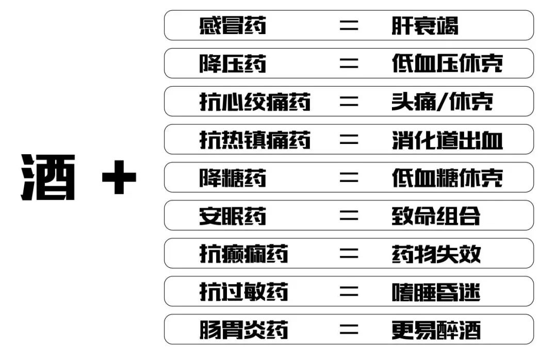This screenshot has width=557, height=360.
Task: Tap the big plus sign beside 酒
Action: point(120,178)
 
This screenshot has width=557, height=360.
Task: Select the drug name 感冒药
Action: point(233,25)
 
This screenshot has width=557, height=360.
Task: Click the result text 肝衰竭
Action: point(424,25)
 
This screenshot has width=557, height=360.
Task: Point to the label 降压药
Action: point(233,63)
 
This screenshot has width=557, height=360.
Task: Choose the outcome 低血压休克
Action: point(447,63)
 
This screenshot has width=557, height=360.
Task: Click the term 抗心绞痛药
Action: point(255,102)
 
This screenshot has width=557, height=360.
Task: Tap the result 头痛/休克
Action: point(442,102)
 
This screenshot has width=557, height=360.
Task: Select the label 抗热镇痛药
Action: point(255,140)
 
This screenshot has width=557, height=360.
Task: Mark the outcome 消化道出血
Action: point(447,140)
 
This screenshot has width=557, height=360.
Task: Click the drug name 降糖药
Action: point(233,178)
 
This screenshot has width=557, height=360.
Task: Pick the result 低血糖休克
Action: point(447,178)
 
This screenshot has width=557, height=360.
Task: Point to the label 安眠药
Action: point(233,216)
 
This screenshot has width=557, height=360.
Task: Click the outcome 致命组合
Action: point(436,216)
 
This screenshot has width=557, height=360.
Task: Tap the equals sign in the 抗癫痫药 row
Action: point(349,254)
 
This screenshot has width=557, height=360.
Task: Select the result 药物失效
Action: point(436,254)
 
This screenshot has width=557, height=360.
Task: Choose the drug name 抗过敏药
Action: point(244,292)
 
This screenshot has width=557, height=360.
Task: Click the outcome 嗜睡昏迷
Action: point(436,292)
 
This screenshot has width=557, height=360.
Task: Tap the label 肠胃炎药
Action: point(244,330)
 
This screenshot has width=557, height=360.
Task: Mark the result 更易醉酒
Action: point(436,330)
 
